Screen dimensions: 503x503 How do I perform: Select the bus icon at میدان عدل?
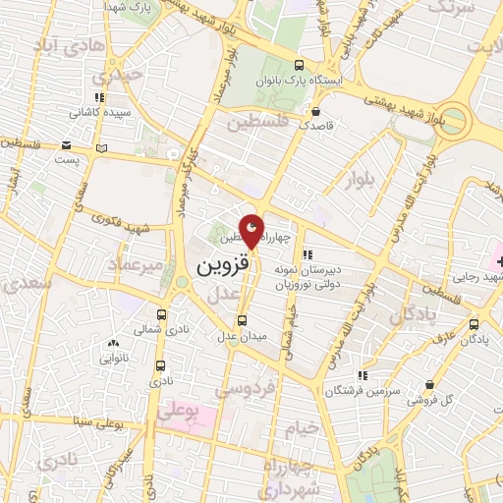(x=243, y=321)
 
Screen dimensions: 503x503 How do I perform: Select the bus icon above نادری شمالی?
(x=161, y=316)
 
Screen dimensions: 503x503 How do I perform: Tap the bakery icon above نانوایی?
(x=115, y=344)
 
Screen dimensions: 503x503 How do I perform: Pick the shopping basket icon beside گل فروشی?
(x=428, y=385)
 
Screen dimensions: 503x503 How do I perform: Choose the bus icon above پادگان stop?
(x=475, y=322)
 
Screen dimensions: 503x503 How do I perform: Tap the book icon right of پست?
(x=101, y=148)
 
